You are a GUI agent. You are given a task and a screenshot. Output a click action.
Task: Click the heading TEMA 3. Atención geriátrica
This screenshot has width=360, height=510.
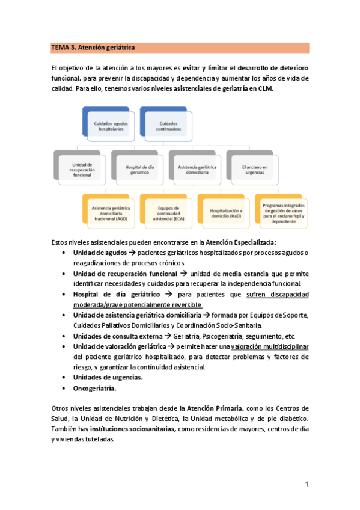click(x=93, y=47)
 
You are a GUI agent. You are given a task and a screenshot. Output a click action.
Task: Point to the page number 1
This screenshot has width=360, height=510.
click(x=307, y=484)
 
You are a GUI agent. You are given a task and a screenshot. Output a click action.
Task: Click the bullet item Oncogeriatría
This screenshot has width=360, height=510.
click(x=94, y=389)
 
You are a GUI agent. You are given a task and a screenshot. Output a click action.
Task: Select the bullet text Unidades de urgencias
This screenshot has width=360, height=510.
click(x=108, y=377)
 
